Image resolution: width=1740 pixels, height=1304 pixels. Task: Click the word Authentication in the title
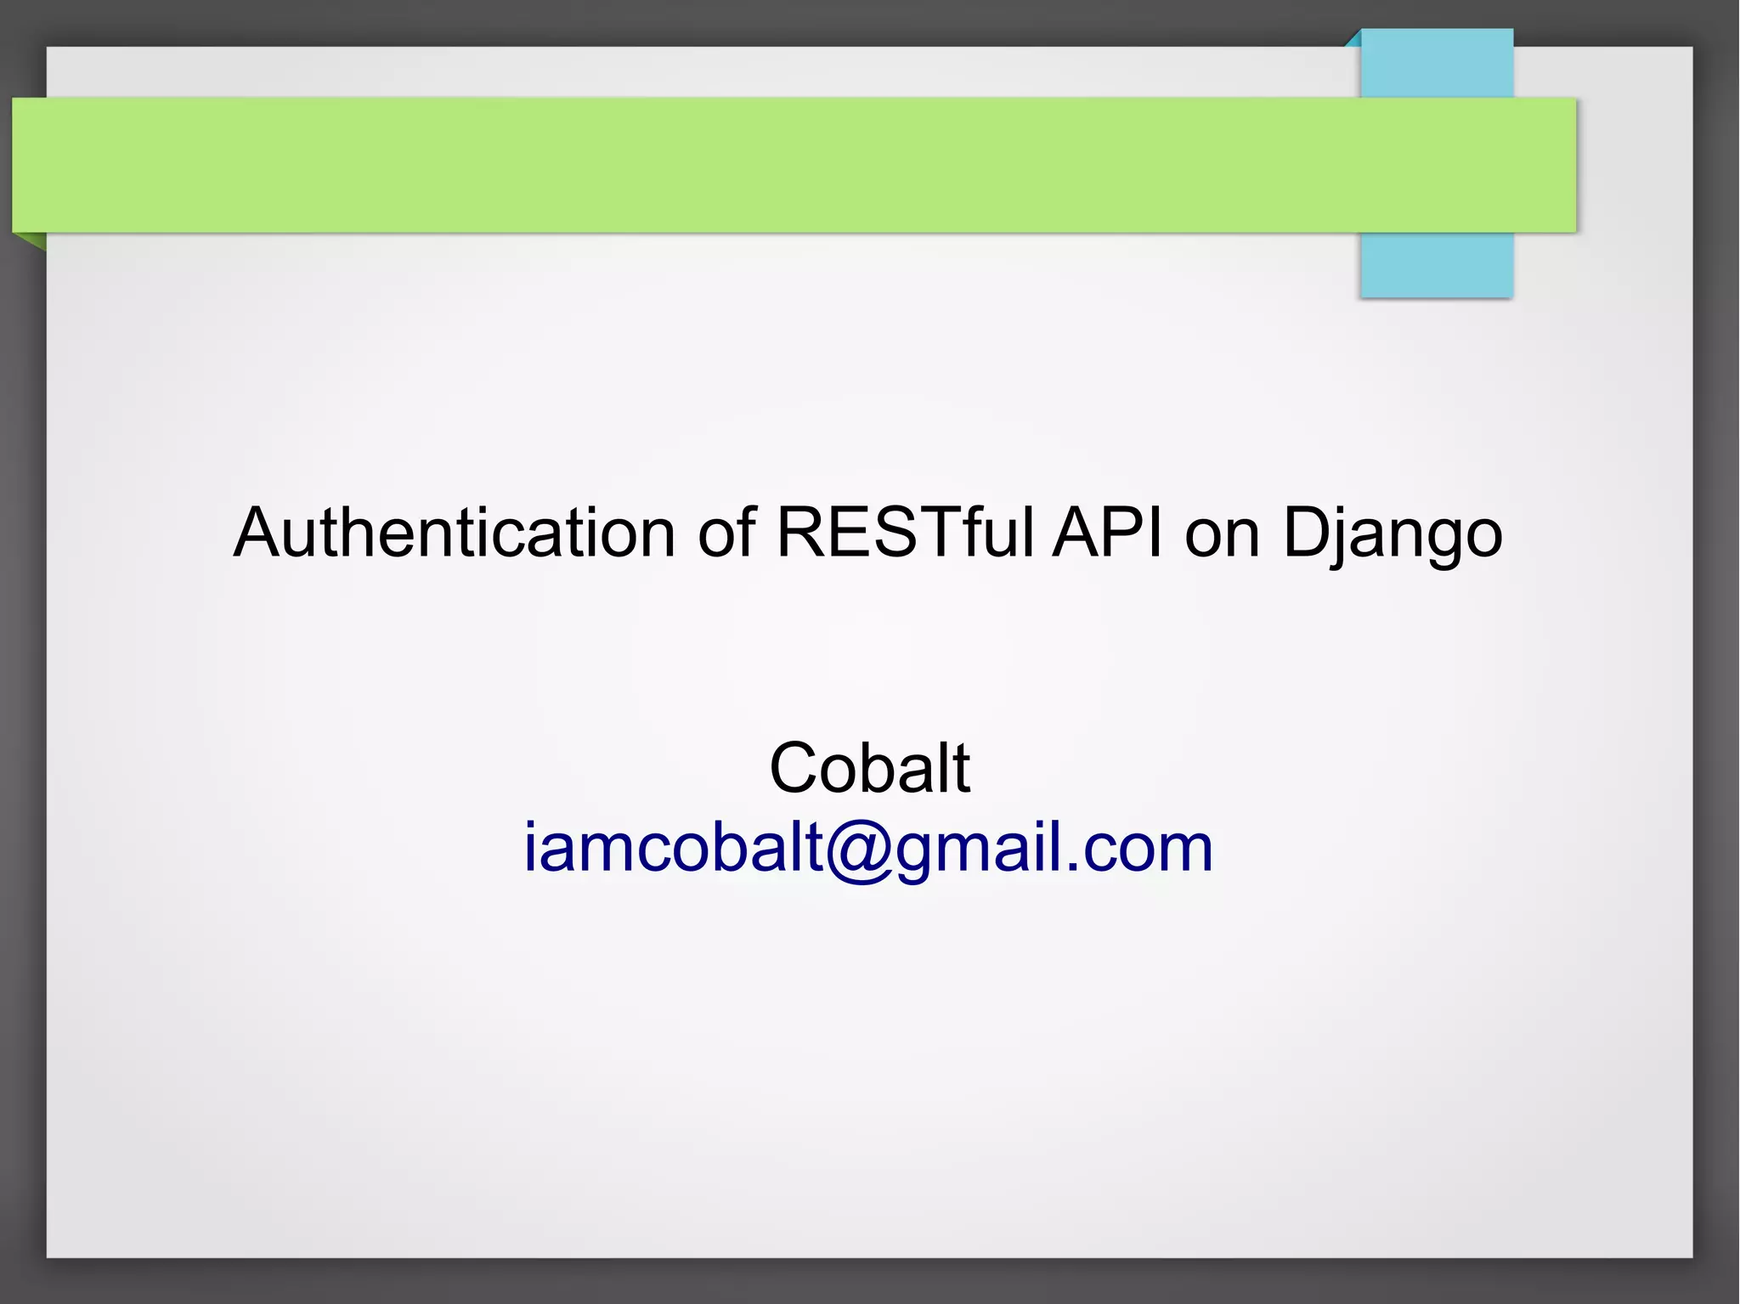pos(454,533)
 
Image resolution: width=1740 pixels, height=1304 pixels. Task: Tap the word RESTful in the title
pos(904,533)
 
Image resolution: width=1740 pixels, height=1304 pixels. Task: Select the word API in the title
pos(1106,533)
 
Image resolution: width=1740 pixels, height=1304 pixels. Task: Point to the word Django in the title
pos(1392,533)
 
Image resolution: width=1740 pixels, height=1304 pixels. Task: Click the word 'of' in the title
pos(726,533)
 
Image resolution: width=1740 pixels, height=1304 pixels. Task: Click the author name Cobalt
pos(869,768)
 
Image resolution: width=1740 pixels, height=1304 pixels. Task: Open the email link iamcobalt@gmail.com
pos(868,848)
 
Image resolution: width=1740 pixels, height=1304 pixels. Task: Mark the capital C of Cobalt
pos(794,768)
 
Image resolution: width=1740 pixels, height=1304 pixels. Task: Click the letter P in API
pos(1123,533)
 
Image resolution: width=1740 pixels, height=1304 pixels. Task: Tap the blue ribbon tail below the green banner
pos(1436,265)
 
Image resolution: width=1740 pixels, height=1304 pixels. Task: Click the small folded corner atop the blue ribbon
pos(1353,38)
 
